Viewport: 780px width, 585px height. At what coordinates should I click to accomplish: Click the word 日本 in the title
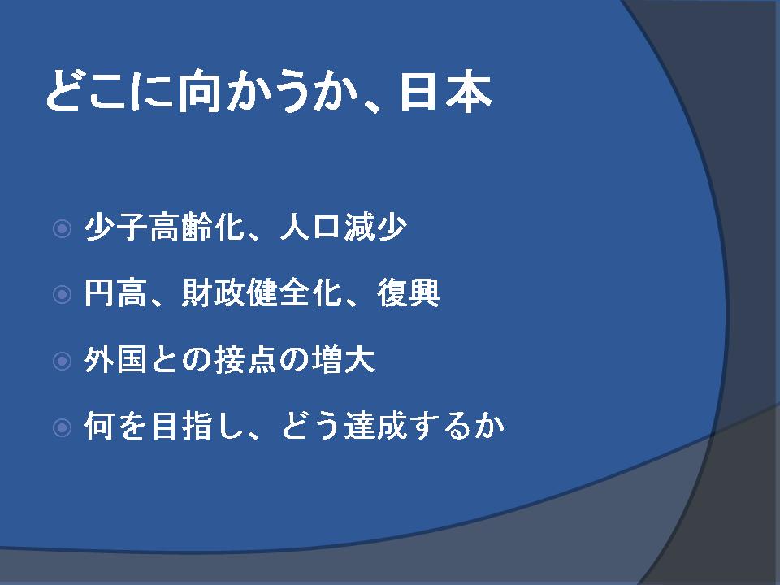coord(446,92)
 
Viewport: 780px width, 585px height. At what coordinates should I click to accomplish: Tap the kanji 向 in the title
coord(199,92)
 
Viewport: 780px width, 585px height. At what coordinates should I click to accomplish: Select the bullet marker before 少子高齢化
coord(63,229)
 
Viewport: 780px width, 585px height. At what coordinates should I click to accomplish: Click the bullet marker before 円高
coord(63,294)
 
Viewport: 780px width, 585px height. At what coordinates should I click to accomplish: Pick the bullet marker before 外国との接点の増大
coord(63,361)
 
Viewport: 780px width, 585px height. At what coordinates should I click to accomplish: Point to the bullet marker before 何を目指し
coord(63,427)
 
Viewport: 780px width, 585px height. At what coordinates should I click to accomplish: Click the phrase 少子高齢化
coord(165,227)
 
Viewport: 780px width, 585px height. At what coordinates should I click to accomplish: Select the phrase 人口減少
coord(343,227)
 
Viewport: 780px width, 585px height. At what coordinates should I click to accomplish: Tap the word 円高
coord(115,293)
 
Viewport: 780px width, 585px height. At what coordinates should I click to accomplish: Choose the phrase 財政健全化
coord(262,293)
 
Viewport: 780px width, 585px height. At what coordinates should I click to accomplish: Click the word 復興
coord(409,293)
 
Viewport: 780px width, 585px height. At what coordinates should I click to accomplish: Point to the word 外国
coord(115,360)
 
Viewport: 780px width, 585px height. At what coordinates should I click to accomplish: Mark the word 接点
coord(245,360)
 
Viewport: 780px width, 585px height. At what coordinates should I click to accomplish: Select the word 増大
coord(343,360)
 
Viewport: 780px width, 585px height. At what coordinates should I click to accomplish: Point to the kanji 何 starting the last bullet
coord(99,426)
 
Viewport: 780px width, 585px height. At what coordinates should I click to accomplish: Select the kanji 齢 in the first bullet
coord(197,227)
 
